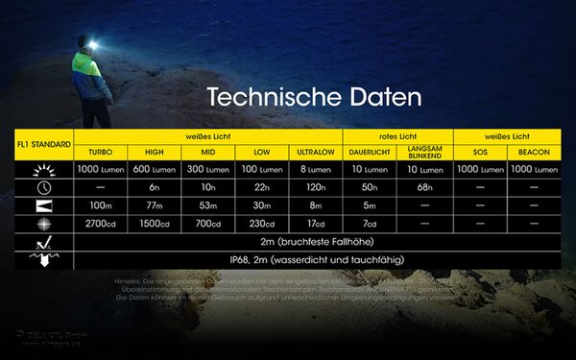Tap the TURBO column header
100,153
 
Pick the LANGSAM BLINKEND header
424,152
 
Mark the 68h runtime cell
424,187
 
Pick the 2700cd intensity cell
100,224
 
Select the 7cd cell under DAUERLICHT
370,224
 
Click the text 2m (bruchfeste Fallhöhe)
314,242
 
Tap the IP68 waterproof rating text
314,260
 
